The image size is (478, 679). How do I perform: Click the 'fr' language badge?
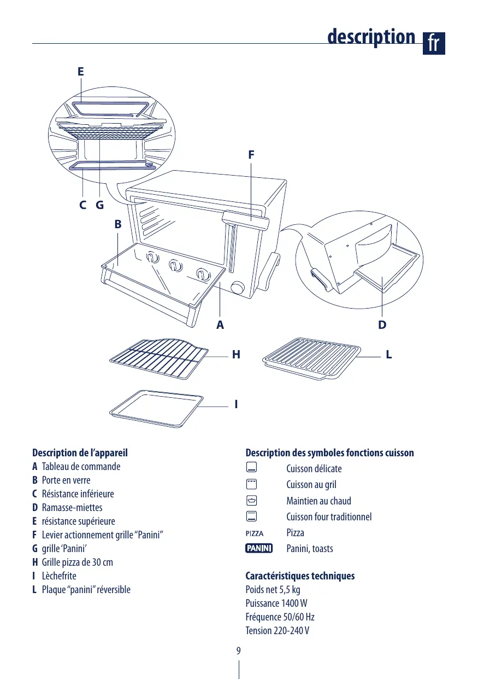(434, 43)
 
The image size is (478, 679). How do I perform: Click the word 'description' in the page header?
(371, 37)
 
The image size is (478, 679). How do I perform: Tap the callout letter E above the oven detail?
(81, 72)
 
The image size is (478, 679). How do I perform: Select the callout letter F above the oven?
(251, 155)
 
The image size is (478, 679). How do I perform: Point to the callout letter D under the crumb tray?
(382, 325)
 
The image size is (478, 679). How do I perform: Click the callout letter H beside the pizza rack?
(236, 355)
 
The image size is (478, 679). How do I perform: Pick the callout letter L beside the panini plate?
(388, 355)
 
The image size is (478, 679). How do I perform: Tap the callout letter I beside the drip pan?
(235, 405)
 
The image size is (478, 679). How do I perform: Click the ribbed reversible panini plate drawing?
(312, 358)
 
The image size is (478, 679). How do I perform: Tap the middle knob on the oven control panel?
(174, 265)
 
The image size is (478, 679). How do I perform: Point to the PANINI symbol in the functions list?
(259, 548)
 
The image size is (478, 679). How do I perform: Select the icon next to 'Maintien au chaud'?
(251, 500)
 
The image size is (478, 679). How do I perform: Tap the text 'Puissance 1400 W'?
(276, 603)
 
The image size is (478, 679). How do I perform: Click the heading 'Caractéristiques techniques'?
(300, 576)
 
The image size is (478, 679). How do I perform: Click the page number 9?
(239, 651)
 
